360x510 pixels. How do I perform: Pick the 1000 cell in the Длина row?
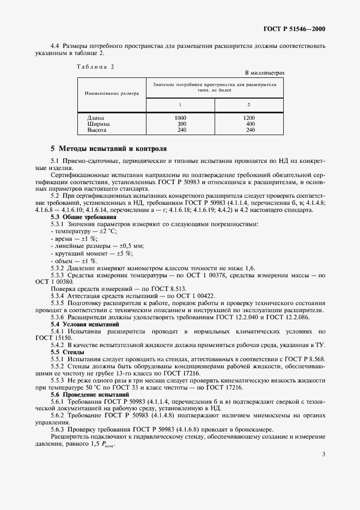click(180, 118)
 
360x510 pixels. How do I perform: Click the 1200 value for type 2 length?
click(249, 118)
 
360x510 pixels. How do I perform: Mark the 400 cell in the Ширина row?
click(250, 124)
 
